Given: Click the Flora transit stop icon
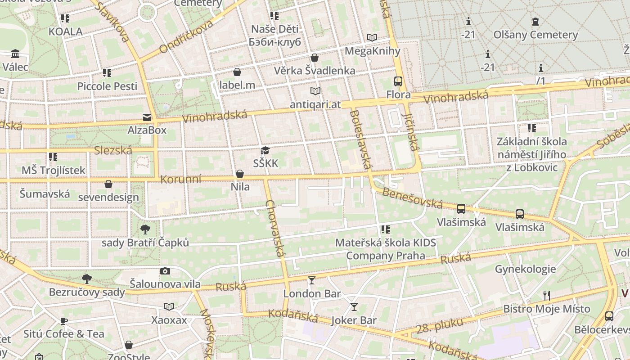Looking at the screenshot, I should point(398,81).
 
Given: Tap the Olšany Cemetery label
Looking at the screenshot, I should point(535,35).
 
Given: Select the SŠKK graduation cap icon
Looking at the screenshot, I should point(265,151).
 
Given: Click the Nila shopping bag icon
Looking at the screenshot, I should point(240,174).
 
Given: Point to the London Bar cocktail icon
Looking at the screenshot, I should point(312,280).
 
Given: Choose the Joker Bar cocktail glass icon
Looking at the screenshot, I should point(354,307).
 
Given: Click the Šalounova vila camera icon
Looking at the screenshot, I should point(165,271).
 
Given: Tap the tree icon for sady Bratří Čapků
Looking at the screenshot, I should point(145,229).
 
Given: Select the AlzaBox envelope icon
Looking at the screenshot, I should point(147,117).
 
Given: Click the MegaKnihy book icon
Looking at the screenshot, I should point(372,37).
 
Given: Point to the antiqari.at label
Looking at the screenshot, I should point(315,104).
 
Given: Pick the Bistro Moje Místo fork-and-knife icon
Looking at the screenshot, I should point(547,296).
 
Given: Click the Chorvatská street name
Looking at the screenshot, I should point(276,228).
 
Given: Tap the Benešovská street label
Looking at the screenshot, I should point(412,198).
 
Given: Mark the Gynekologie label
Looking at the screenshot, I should point(525,269).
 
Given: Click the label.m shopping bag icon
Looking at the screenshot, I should point(237,72).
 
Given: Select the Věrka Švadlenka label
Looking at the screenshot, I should point(315,70).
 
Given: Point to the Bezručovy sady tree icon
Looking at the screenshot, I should point(87,279).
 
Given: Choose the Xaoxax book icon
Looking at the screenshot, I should point(169,307).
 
